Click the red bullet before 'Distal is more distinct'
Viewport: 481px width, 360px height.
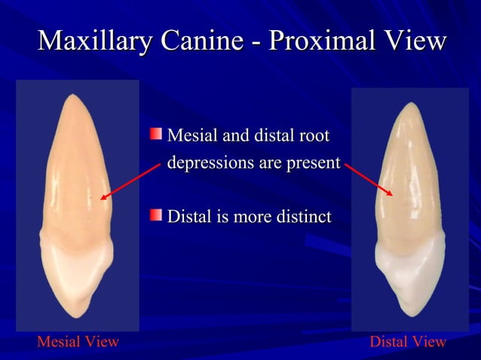155,215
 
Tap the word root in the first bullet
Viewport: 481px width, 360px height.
314,136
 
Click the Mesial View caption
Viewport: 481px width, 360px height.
78,343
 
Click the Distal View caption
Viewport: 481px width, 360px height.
408,343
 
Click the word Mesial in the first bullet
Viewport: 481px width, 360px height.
190,136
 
